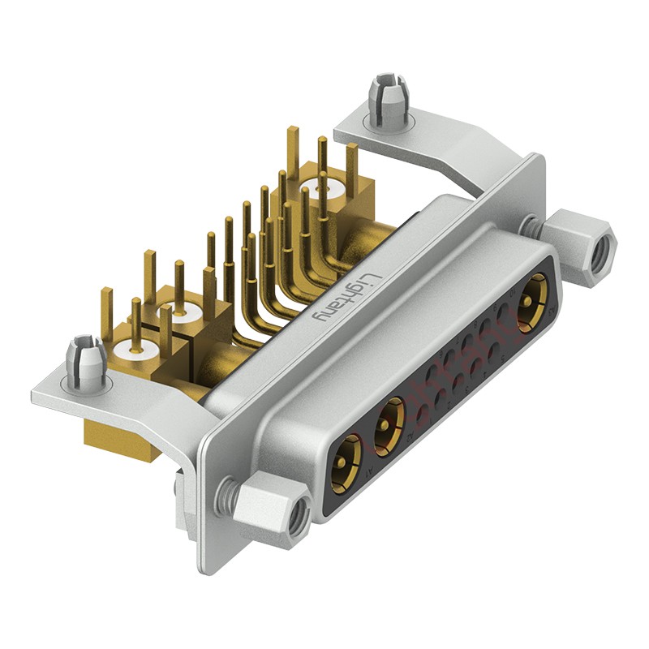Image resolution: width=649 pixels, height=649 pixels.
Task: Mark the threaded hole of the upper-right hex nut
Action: pos(601,255)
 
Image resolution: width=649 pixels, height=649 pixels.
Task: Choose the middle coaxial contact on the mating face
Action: pos(390,420)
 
